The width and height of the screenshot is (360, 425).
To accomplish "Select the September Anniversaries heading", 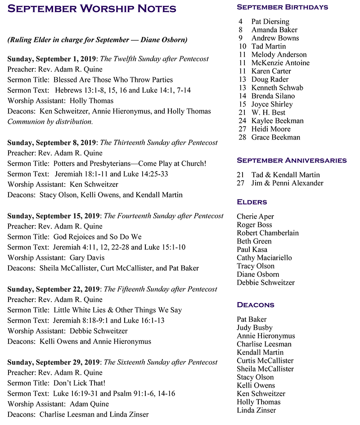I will tap(292, 160).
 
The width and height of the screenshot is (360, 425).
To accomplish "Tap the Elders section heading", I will tap(252, 202).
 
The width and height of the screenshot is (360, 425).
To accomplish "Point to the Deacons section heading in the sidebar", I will tap(255, 305).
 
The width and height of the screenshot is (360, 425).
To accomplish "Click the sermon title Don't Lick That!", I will tap(79, 383).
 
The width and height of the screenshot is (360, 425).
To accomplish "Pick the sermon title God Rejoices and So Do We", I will tap(97, 237).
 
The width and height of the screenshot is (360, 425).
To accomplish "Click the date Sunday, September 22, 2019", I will tap(52, 289).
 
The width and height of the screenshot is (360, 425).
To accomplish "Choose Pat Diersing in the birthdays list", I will tap(270, 22).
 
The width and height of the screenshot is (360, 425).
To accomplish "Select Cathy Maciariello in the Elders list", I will tap(264, 258).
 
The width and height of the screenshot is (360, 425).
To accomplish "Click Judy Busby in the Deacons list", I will tap(254, 328).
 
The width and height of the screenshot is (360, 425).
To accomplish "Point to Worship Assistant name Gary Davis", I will tap(87, 258).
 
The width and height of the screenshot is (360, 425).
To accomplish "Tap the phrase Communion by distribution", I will tap(50, 122).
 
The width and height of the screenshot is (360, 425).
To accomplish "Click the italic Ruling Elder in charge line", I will tap(98, 40).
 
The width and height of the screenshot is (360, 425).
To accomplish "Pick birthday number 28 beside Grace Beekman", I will tap(243, 137).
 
